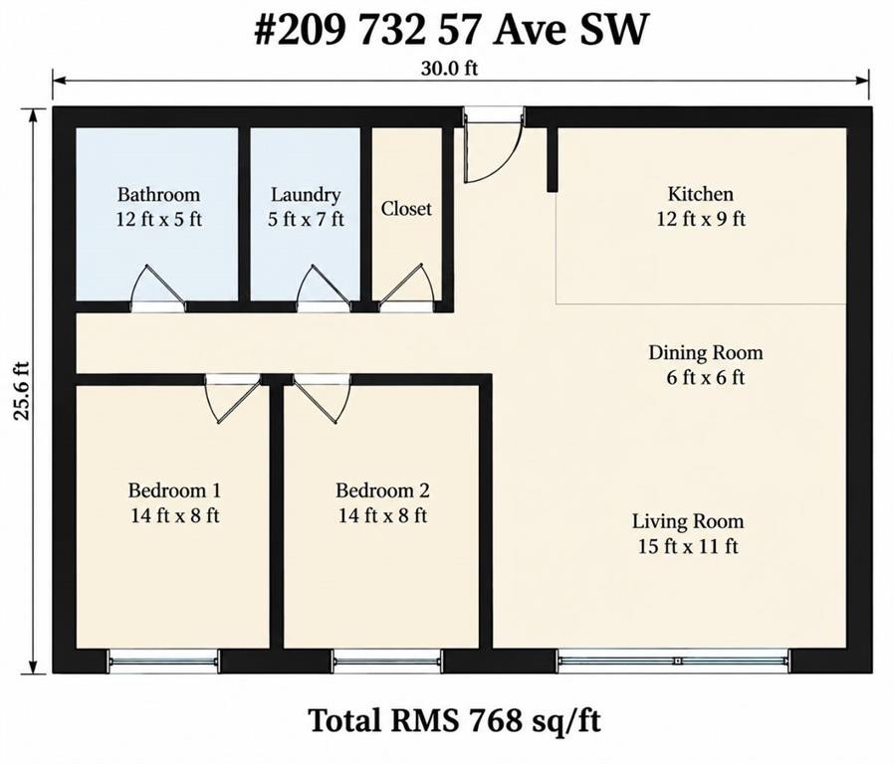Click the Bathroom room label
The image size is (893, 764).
tap(158, 195)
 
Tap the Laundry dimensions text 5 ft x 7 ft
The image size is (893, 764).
tap(306, 219)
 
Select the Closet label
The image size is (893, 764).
tap(406, 209)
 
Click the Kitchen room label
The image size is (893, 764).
tap(701, 194)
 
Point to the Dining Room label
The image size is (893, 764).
tap(706, 353)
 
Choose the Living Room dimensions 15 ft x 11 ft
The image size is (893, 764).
tap(688, 547)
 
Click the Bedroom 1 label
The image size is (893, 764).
tap(174, 490)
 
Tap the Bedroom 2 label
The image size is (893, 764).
tap(382, 490)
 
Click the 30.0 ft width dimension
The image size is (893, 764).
tap(449, 69)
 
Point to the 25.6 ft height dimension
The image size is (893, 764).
tap(22, 390)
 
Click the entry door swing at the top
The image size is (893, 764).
tap(493, 148)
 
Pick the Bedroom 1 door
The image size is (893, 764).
tap(233, 399)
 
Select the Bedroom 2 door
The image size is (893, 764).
tap(322, 399)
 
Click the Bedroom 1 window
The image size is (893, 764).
tap(163, 661)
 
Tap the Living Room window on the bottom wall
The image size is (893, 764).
tap(674, 661)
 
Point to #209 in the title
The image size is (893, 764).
tap(300, 30)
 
